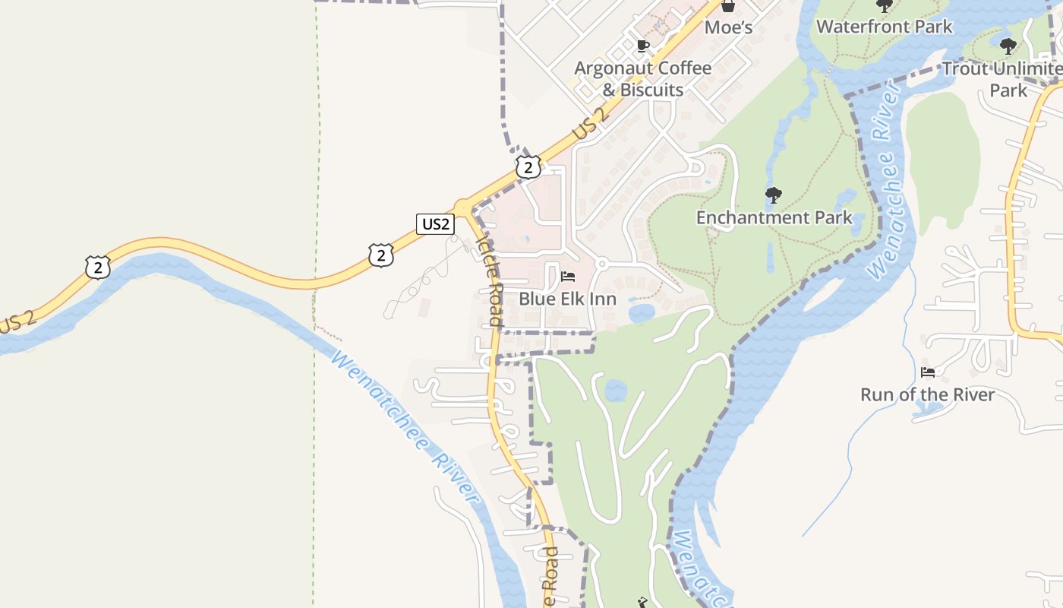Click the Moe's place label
(x=728, y=28)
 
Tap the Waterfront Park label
(x=884, y=27)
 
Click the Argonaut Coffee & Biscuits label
(x=643, y=79)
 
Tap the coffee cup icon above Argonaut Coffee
(x=643, y=46)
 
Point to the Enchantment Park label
(x=774, y=217)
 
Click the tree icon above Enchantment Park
(x=774, y=195)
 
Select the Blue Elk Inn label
(x=567, y=299)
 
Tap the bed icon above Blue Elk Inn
(x=568, y=277)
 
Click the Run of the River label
(x=927, y=394)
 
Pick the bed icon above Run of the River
(x=928, y=372)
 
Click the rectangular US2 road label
(x=435, y=223)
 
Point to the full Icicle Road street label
(x=490, y=279)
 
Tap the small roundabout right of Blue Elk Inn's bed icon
(x=601, y=264)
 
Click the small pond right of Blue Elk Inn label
(x=642, y=312)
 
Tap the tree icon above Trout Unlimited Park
(x=1008, y=46)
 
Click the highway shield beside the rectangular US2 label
(x=381, y=255)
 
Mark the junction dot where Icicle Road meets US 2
(x=462, y=207)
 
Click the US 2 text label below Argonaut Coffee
(x=591, y=125)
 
